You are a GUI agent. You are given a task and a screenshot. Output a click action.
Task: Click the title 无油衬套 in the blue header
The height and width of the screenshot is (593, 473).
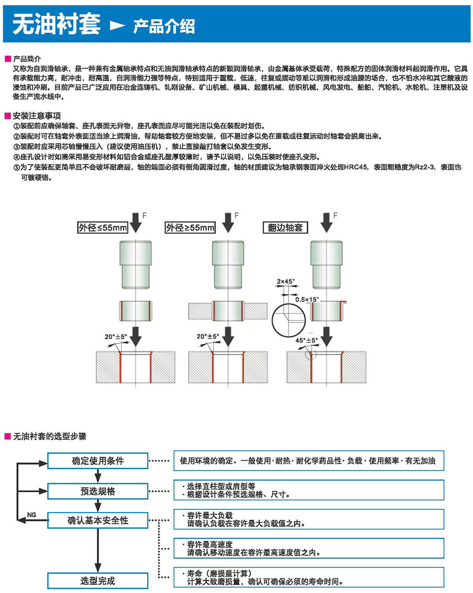click(56, 24)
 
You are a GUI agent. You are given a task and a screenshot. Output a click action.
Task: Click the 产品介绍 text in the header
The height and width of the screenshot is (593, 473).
click(164, 26)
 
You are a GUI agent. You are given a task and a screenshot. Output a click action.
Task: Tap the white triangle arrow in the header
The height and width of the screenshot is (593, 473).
click(117, 26)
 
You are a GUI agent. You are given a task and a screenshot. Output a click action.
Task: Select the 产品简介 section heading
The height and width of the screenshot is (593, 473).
click(27, 59)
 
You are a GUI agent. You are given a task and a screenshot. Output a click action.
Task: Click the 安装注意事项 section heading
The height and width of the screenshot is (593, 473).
click(37, 116)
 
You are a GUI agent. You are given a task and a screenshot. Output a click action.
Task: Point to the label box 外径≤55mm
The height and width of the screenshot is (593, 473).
click(103, 227)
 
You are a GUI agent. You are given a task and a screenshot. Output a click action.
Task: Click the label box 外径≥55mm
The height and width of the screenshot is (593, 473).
click(190, 227)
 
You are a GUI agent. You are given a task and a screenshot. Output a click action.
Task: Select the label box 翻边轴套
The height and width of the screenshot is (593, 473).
click(285, 227)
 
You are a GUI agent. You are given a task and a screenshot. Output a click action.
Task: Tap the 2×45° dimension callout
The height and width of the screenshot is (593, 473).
click(285, 282)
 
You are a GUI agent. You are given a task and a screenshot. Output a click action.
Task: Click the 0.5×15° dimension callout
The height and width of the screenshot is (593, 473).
click(307, 299)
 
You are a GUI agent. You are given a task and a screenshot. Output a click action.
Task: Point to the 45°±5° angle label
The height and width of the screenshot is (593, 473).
click(307, 340)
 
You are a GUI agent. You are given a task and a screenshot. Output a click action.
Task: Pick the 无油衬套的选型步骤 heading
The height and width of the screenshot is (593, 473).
click(50, 436)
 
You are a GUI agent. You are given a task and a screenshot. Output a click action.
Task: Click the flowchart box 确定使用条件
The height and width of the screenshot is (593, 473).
click(98, 461)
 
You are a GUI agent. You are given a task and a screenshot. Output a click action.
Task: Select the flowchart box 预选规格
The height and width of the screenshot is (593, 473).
click(98, 491)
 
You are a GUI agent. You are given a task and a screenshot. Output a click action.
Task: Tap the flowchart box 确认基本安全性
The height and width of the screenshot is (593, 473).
click(98, 520)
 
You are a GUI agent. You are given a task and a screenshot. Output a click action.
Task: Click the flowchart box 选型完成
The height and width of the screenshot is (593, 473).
click(98, 581)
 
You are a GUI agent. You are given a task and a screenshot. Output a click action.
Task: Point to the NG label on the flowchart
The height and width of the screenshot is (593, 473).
click(32, 515)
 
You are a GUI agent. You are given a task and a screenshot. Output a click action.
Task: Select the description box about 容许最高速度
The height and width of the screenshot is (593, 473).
click(309, 549)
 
